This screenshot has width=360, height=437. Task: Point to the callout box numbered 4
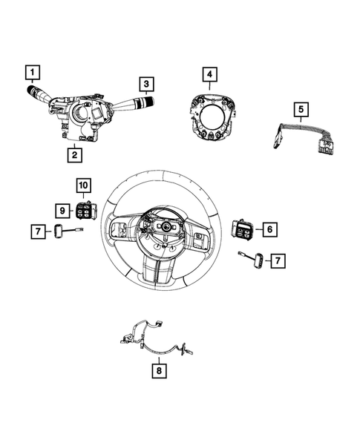(x=209, y=74)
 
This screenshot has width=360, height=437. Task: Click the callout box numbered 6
(x=269, y=230)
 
